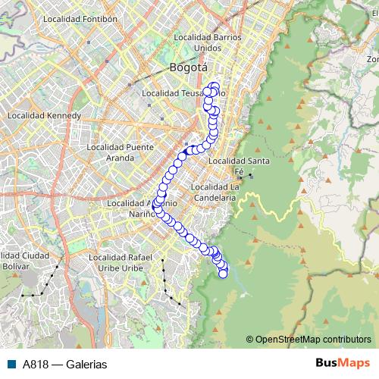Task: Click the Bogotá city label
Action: click(188, 67)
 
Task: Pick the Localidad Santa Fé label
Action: click(239, 165)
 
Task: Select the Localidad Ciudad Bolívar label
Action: click(25, 262)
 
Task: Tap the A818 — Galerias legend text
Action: click(64, 364)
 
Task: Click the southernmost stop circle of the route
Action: click(224, 274)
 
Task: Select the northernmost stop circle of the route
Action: click(215, 86)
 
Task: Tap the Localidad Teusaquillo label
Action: click(182, 93)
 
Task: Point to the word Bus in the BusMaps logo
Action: click(329, 364)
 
